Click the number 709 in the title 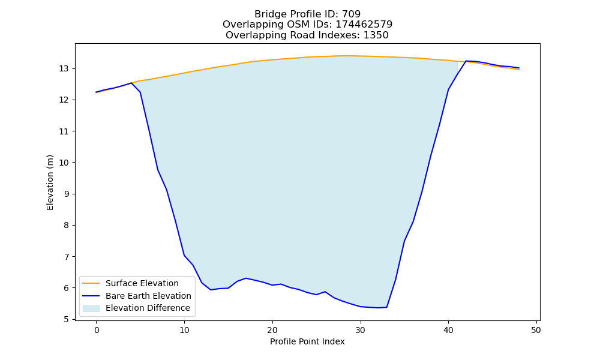(x=351, y=14)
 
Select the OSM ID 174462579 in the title (x=364, y=25)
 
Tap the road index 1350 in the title (x=376, y=35)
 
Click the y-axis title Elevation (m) (x=50, y=182)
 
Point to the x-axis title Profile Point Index (x=307, y=341)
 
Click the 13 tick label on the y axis (x=64, y=69)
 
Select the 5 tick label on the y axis (x=67, y=319)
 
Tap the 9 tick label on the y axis (x=67, y=194)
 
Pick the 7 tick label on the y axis (x=67, y=257)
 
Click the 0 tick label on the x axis (x=97, y=330)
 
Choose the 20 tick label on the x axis (x=272, y=330)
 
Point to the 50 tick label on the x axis (x=536, y=330)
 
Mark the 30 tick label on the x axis (x=361, y=330)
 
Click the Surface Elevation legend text (x=142, y=283)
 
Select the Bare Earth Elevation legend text (x=148, y=296)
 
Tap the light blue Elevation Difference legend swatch (x=91, y=308)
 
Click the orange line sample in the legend (x=91, y=283)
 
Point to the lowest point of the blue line (x=378, y=308)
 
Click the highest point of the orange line (x=344, y=56)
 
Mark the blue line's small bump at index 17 (x=245, y=278)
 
